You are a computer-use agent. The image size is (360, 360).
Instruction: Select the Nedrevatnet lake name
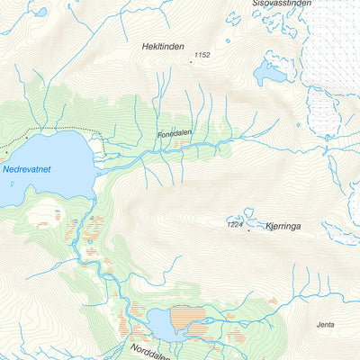click(x=24, y=167)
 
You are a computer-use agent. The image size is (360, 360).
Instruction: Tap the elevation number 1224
click(x=236, y=224)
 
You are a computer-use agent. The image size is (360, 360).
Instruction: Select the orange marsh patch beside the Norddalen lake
click(x=188, y=315)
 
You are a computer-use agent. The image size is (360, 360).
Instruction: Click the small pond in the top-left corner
click(x=40, y=13)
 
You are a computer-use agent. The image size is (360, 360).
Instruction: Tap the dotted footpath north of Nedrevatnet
click(x=54, y=131)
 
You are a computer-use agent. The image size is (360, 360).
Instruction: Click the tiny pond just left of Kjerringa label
click(x=248, y=215)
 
